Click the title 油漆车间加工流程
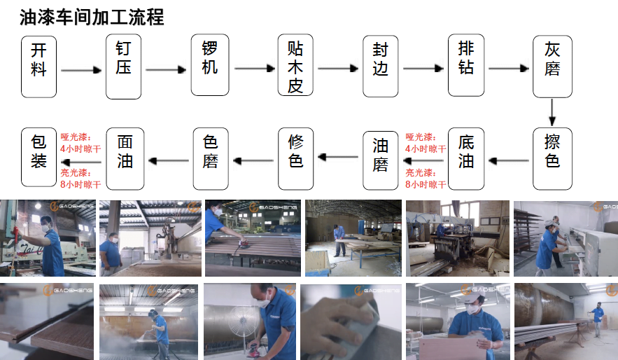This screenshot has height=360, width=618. coord(92,17)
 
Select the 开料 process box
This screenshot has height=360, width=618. coord(38,67)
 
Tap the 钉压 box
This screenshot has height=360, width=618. coord(124,67)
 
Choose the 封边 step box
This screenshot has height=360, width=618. coord(380,66)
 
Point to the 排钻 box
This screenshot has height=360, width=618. coord(466,66)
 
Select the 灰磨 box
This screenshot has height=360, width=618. coord(552,66)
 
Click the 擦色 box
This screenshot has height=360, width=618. coord(552,158)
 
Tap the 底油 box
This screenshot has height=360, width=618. coord(466,158)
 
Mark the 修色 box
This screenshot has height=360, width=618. coord(295,158)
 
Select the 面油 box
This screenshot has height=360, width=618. coord(124,158)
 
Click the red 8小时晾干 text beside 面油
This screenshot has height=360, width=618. coord(80,185)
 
